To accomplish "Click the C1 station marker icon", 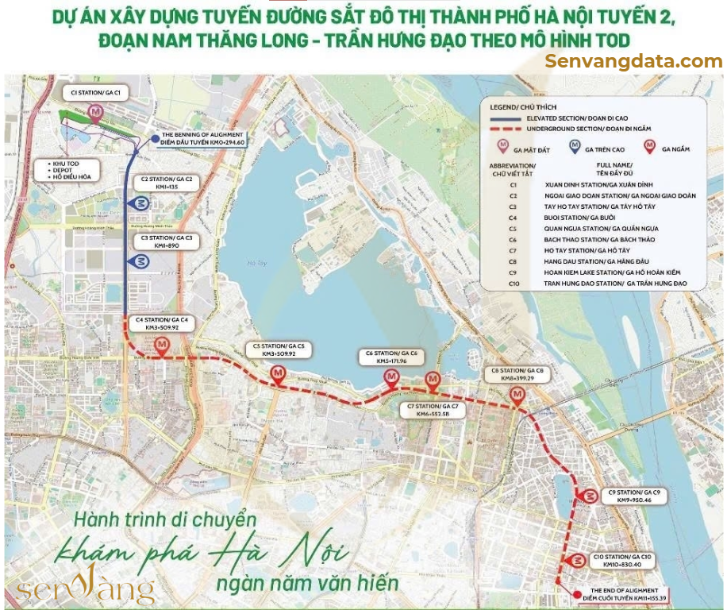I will click(x=97, y=114).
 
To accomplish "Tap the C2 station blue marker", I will click(x=140, y=203).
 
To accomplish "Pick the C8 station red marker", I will click(x=517, y=395).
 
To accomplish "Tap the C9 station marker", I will click(x=589, y=496).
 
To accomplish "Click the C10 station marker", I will click(x=569, y=562).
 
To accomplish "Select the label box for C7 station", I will click(x=433, y=410).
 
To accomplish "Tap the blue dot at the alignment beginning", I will click(x=155, y=139).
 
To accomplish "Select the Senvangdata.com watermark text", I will click(x=633, y=61).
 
